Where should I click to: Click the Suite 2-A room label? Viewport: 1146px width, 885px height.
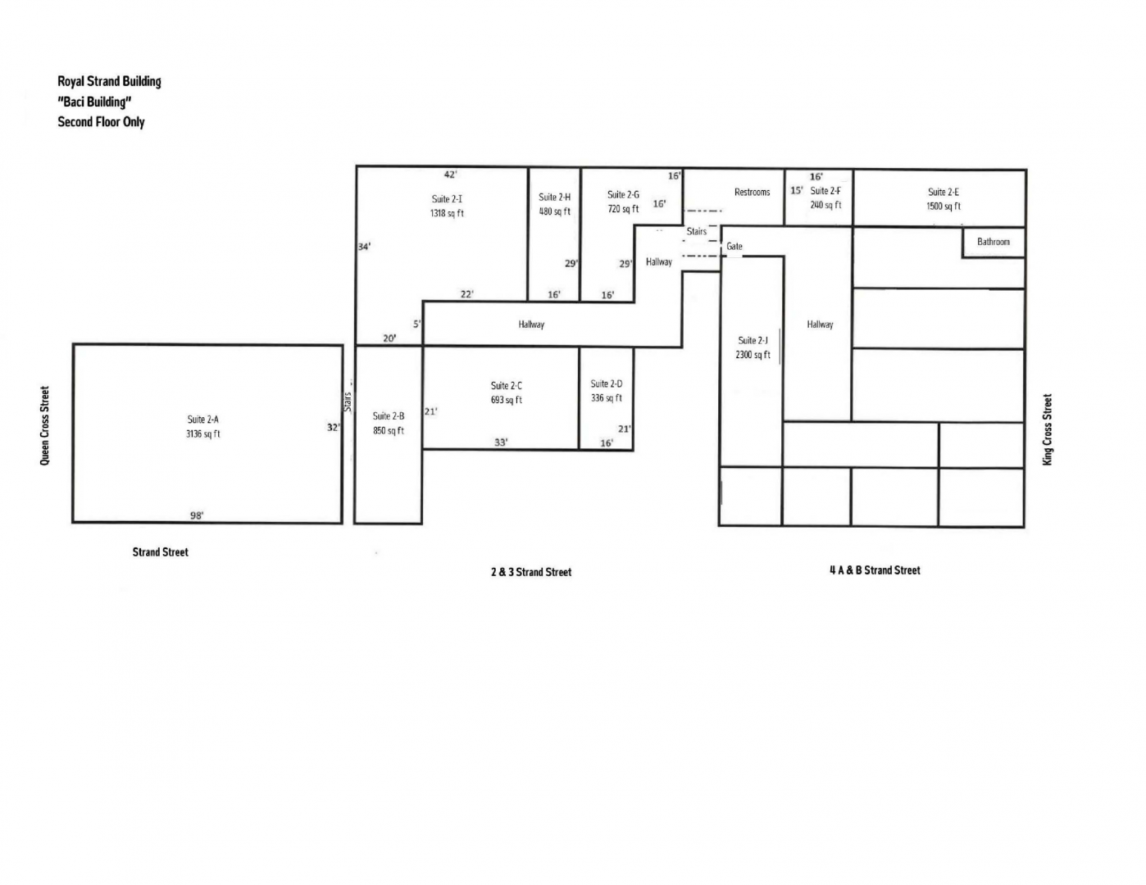203,420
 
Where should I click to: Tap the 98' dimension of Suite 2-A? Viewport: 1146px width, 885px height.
197,515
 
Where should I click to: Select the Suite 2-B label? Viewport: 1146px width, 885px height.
389,416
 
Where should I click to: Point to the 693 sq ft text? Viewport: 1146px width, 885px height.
507,400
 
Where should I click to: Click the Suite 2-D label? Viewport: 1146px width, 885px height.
607,383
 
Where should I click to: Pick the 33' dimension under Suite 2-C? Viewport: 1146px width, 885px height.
501,442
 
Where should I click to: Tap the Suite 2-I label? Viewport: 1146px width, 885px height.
447,199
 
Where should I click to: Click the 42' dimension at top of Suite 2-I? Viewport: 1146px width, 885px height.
450,175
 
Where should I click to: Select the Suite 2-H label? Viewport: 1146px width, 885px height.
554,197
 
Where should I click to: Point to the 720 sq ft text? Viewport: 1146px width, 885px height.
623,209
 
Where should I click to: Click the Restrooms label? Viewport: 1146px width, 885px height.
752,192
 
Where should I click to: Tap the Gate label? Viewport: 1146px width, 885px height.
734,246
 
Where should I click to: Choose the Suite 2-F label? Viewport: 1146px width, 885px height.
825,191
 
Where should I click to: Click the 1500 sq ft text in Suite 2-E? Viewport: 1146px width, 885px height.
944,206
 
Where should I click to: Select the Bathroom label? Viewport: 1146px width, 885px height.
994,242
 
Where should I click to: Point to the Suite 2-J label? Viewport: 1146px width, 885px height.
753,341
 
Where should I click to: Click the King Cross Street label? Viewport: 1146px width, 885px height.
1048,429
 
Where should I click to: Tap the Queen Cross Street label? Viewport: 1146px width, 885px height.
44,426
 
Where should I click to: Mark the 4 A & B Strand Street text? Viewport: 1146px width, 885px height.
875,570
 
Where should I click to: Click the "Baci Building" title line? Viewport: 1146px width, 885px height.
94,102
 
